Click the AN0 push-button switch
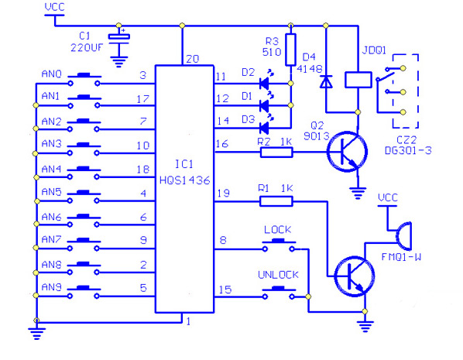[84, 79]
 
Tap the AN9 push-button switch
[84, 292]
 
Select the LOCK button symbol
[279, 245]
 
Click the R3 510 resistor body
[290, 50]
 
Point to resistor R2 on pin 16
[276, 153]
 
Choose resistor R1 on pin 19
[276, 201]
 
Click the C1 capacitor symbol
[119, 40]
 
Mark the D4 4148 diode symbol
[326, 82]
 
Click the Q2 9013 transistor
[347, 152]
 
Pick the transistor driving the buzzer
[355, 276]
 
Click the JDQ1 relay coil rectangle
[358, 80]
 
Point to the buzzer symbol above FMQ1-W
[403, 236]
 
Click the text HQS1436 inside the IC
[185, 180]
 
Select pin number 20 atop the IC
[193, 59]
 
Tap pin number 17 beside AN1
[143, 99]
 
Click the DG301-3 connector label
[408, 151]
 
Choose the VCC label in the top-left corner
[55, 7]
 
